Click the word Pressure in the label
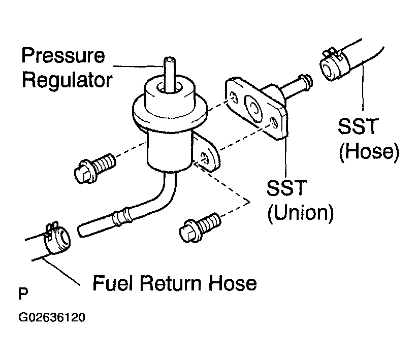63,55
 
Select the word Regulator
67,80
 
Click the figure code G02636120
52,317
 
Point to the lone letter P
23,294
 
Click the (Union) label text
301,213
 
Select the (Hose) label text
369,152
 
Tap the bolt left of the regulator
94,168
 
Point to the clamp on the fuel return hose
57,239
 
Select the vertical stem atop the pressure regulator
170,74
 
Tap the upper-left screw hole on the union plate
233,97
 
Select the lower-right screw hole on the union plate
274,122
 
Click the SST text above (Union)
286,187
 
